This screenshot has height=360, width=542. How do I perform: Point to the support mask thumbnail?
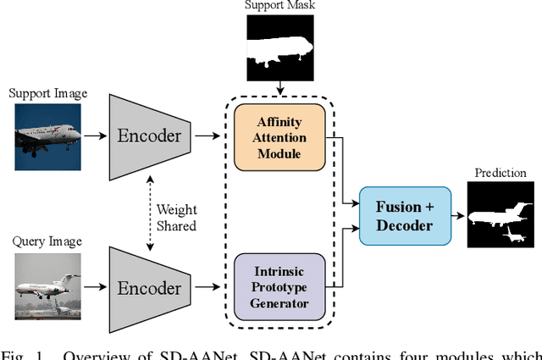coord(279,49)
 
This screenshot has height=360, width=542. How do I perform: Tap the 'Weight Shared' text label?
coord(175,219)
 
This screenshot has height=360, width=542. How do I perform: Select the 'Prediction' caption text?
coord(501,173)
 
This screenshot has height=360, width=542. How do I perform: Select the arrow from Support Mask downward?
coord(279,88)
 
